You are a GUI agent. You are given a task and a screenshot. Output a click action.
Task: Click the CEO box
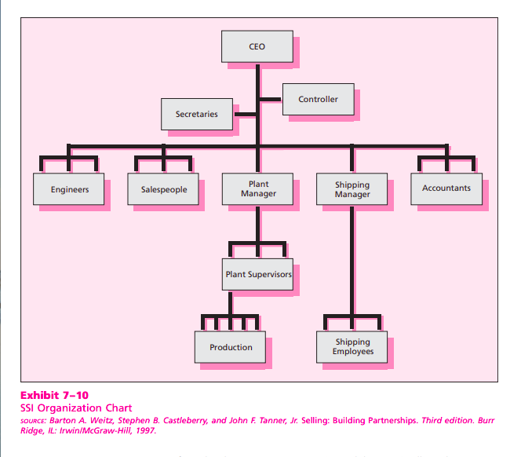point(257,46)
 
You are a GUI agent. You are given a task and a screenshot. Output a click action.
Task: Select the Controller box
point(318,99)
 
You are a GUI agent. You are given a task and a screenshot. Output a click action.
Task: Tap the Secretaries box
point(196,114)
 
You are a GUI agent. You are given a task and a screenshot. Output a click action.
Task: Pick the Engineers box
point(69,189)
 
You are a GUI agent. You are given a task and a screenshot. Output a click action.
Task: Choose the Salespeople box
point(163,189)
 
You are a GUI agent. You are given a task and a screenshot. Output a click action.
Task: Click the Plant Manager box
point(257,188)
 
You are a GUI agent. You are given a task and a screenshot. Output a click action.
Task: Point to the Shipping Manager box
point(352,189)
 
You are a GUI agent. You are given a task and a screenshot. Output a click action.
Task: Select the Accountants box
point(446,188)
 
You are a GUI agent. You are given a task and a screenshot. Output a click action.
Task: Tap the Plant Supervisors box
point(258,275)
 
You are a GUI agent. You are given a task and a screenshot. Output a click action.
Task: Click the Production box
point(231,347)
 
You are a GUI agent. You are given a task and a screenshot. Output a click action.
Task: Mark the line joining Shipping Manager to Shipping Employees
point(352,259)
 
